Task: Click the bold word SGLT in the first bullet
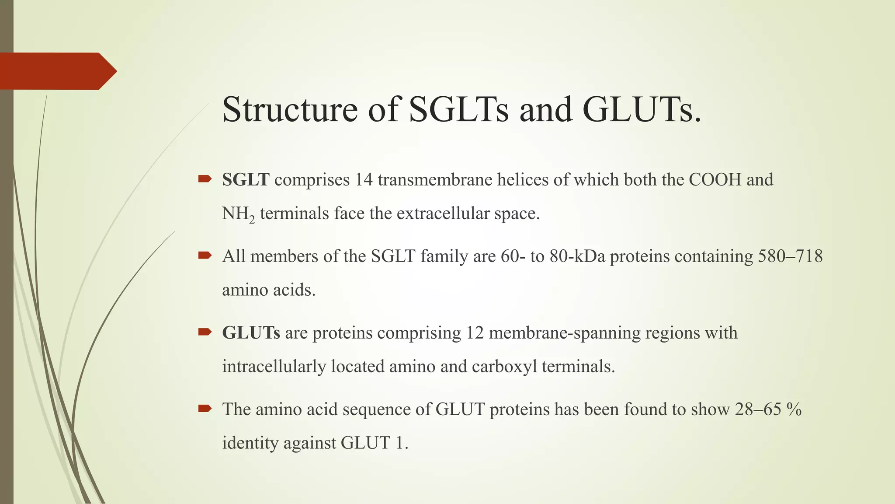point(246,180)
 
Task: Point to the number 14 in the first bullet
point(364,180)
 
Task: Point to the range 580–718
point(790,256)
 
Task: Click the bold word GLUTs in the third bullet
point(251,333)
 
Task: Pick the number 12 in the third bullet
point(475,333)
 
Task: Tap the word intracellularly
point(274,366)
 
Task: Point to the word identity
point(250,443)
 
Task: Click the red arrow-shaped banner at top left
point(57,71)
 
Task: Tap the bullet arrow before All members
point(205,255)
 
